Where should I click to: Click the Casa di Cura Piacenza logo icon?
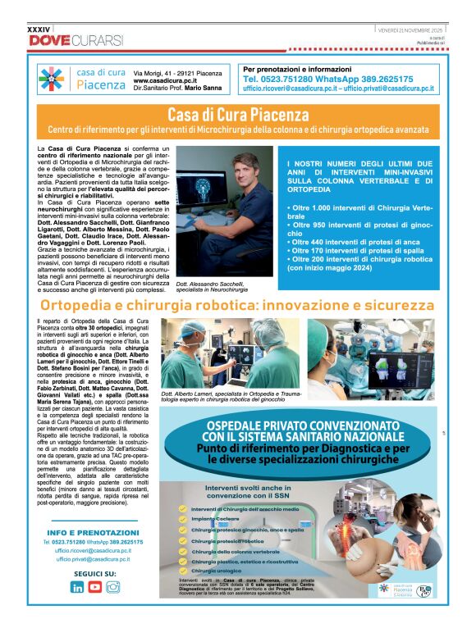tap(51, 79)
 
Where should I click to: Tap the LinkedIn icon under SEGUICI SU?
tap(77, 586)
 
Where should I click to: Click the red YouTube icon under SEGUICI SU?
tap(95, 586)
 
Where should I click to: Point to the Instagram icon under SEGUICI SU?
tap(113, 586)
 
